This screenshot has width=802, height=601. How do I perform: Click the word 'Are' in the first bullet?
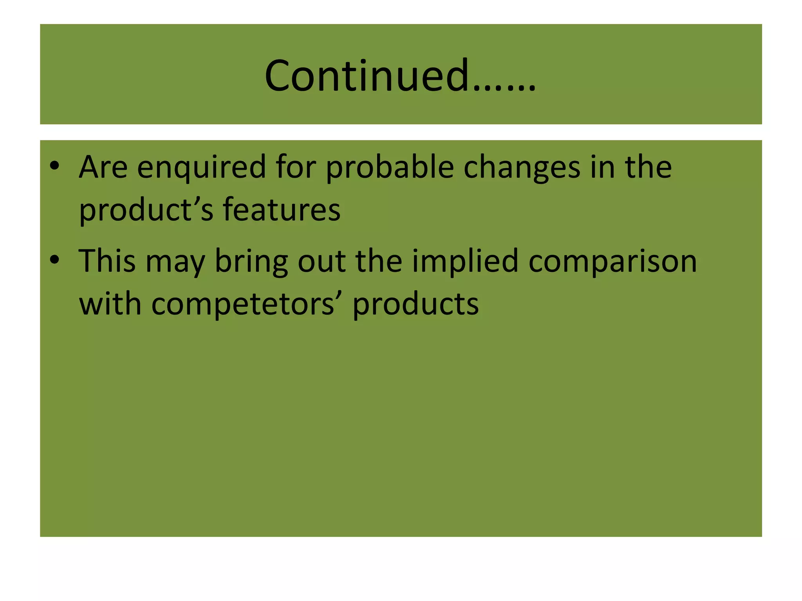(103, 167)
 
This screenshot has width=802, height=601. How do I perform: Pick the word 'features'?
(282, 210)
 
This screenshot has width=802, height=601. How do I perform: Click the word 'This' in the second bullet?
(107, 261)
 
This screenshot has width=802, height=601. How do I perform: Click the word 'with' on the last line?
(110, 304)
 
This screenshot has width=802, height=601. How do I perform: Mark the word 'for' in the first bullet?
(296, 167)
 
